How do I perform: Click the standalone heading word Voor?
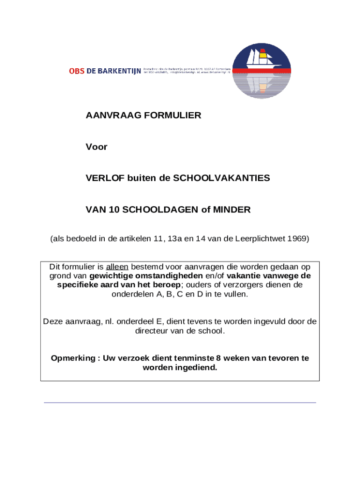pyautogui.click(x=96, y=147)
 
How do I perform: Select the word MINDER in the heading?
pyautogui.click(x=232, y=210)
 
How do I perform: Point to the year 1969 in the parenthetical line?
pyautogui.click(x=297, y=239)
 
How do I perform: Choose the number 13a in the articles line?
pyautogui.click(x=175, y=239)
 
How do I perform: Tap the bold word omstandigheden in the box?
pyautogui.click(x=172, y=276)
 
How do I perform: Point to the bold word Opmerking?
pyautogui.click(x=73, y=358)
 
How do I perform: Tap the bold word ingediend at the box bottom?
pyautogui.click(x=198, y=368)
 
